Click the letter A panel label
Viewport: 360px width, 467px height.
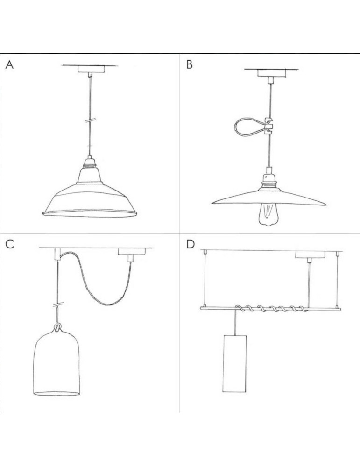9,64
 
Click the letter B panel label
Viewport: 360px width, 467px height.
190,64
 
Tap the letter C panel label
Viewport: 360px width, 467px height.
10,244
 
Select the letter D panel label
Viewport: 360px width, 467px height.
191,244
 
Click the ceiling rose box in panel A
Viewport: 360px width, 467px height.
91,69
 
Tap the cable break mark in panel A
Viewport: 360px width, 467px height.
90,120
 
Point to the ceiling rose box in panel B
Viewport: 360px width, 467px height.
271,73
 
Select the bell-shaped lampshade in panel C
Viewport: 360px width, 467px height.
56,363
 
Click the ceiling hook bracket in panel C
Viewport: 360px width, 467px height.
57,254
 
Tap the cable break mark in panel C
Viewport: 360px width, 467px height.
58,305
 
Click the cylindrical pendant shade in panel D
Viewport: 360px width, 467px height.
235,363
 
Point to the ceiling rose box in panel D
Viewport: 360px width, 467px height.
311,255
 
